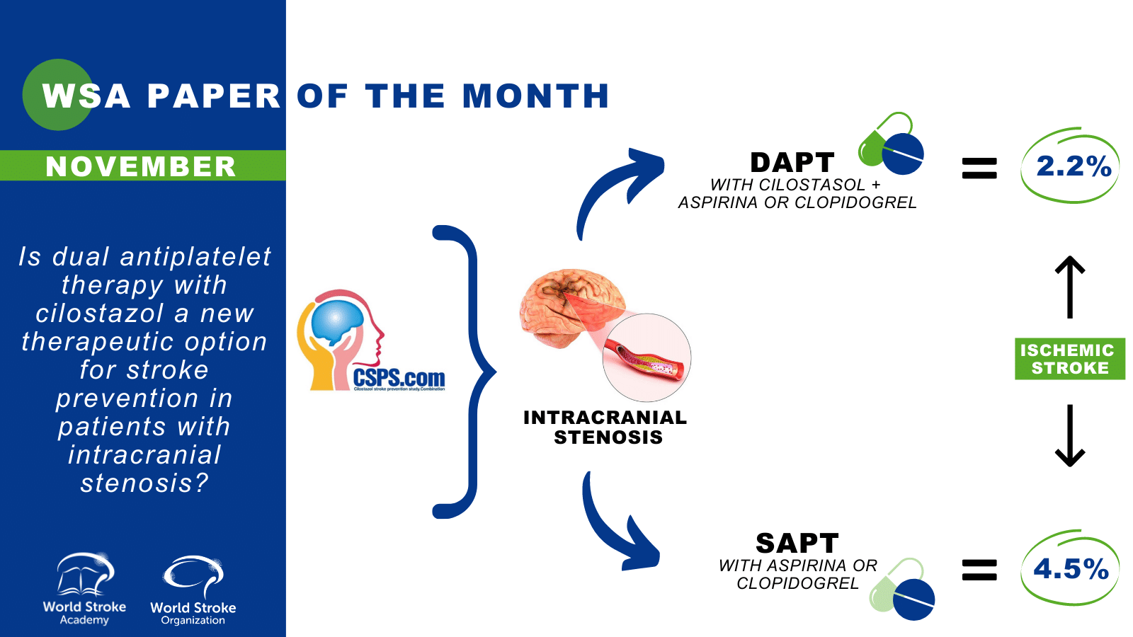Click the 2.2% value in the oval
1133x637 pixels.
point(1073,166)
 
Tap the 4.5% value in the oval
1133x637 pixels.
point(1071,569)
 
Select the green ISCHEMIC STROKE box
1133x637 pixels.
point(1069,359)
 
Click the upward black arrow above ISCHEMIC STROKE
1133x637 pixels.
point(1070,287)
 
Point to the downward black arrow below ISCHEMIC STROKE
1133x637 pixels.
point(1070,435)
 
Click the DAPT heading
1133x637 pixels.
point(792,163)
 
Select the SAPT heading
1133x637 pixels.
point(797,544)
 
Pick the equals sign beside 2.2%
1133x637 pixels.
point(979,168)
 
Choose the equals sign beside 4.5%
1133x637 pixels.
point(979,570)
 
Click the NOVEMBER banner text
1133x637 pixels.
point(141,166)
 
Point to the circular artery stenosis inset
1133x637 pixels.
point(647,358)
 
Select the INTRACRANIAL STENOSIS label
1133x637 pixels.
point(605,427)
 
